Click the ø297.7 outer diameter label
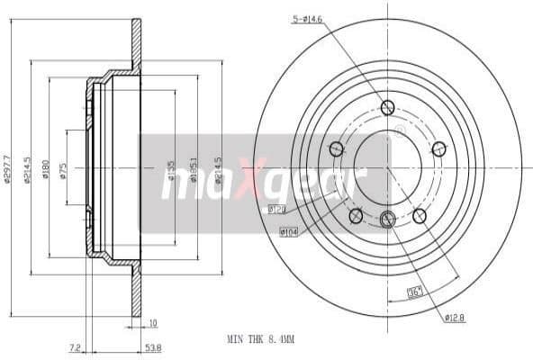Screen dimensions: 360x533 click(x=7, y=167)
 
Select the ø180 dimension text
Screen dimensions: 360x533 click(x=46, y=167)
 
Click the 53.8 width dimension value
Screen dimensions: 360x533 click(x=153, y=346)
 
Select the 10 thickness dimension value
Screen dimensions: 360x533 click(x=153, y=321)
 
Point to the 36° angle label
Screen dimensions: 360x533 click(x=416, y=291)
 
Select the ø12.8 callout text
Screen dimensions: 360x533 click(x=454, y=318)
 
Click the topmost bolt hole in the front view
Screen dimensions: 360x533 click(x=388, y=108)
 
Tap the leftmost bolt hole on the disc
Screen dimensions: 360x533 click(x=337, y=148)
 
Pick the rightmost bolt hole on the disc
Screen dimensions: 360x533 click(x=439, y=148)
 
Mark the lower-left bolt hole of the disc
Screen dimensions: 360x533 click(x=356, y=214)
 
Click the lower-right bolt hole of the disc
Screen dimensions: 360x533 click(x=419, y=214)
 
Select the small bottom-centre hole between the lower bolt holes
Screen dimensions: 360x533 click(x=388, y=219)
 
